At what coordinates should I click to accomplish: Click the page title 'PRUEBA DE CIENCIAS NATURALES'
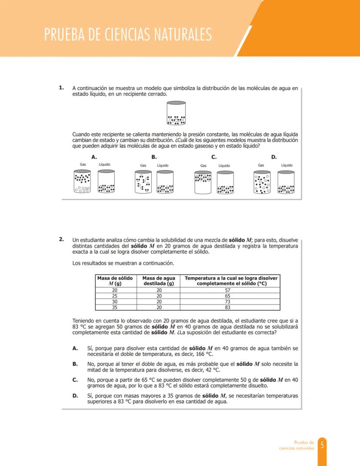point(128,34)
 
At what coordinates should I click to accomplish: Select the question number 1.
point(62,87)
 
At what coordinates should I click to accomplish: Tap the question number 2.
point(62,239)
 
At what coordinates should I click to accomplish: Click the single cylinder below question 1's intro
point(177,113)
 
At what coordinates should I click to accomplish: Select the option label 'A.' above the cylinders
point(94,157)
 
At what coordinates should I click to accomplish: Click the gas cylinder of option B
point(143,181)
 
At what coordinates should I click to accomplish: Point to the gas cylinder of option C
point(203,182)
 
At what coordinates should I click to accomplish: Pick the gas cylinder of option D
point(262,182)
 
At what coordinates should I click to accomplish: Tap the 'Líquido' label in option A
point(104,164)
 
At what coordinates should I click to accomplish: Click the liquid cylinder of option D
point(286,182)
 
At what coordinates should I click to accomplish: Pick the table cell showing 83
point(227,307)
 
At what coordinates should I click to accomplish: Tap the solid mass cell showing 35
point(115,307)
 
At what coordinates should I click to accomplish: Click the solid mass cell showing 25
point(115,295)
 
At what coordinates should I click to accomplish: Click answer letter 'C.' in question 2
point(75,380)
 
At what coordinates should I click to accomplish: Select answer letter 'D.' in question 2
point(75,396)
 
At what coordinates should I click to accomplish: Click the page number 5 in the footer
point(322,445)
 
